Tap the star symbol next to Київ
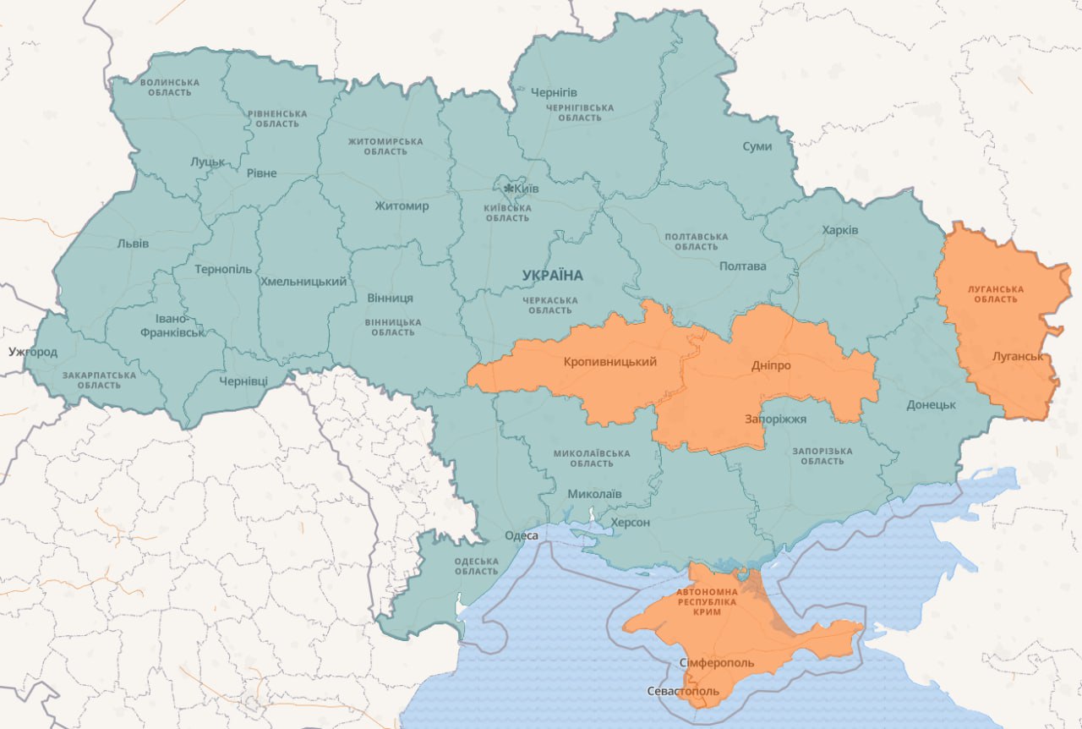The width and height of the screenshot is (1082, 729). [x=509, y=189]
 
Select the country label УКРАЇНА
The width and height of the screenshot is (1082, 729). [x=553, y=275]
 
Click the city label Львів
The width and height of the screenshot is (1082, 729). [x=133, y=244]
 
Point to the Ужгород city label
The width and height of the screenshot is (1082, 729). [x=33, y=352]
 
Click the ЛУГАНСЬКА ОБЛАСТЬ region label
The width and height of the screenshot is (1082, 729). [x=995, y=294]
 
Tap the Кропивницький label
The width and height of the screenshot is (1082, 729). [x=609, y=362]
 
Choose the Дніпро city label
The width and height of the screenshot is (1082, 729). [x=771, y=366]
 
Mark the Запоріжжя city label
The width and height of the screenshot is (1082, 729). [x=775, y=419]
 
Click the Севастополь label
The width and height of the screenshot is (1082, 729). [x=683, y=691]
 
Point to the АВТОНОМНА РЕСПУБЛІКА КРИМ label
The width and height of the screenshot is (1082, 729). [x=707, y=601]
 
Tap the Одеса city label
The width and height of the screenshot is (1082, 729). [x=521, y=535]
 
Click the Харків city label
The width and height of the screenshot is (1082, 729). [x=839, y=230]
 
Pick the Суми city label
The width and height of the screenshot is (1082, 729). [x=757, y=146]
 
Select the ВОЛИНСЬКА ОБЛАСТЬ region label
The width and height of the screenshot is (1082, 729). [x=169, y=87]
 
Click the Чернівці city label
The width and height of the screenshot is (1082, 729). [x=243, y=381]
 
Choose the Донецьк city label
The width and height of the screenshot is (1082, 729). [x=931, y=405]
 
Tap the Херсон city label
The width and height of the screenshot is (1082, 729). [x=630, y=523]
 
